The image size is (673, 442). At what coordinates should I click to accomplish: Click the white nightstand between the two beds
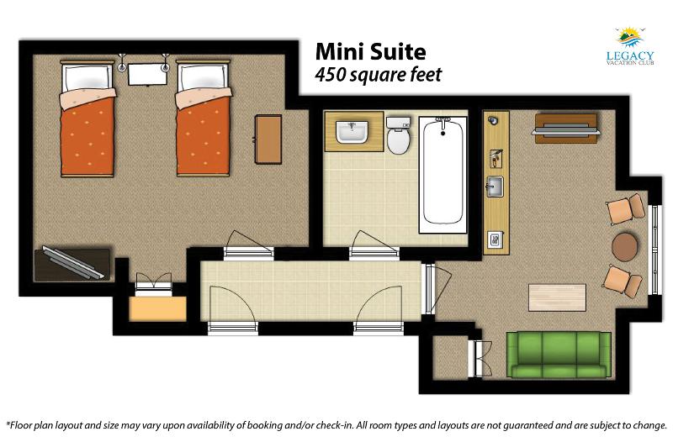(x=147, y=74)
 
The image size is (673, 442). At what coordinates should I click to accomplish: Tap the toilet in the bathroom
(x=399, y=135)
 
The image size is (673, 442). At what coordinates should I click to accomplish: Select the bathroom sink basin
(x=352, y=132)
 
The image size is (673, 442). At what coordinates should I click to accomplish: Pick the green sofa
(x=559, y=355)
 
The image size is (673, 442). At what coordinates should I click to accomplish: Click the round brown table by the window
(x=624, y=246)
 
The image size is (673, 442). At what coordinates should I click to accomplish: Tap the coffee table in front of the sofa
(x=557, y=297)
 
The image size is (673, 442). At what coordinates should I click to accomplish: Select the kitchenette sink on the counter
(x=495, y=186)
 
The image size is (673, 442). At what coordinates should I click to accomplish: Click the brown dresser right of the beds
(x=268, y=139)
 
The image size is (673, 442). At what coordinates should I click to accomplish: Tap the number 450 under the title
(x=330, y=75)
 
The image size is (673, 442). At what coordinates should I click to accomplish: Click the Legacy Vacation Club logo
(x=629, y=46)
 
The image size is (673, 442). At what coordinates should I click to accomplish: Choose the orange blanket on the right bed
(x=203, y=135)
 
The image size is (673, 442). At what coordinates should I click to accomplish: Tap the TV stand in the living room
(x=565, y=125)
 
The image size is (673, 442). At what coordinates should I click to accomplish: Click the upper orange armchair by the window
(x=625, y=208)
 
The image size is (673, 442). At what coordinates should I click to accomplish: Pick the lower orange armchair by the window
(x=623, y=280)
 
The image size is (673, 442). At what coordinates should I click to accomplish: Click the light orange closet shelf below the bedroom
(x=157, y=308)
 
